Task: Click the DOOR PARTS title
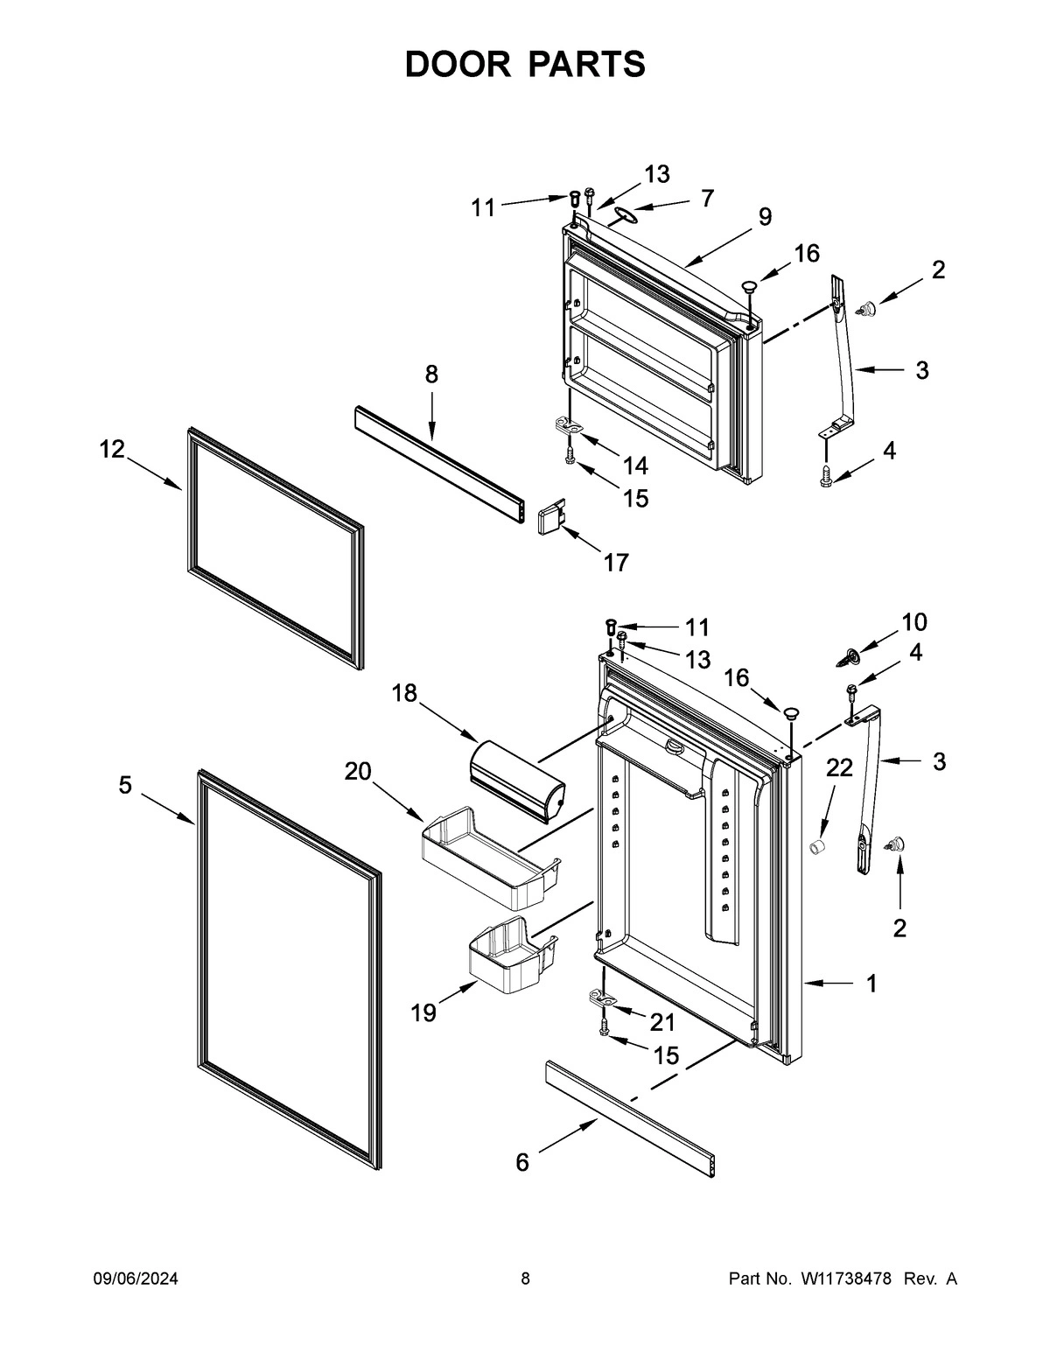point(525,65)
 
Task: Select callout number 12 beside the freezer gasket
point(112,449)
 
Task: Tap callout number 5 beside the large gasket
point(125,785)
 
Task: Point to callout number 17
point(616,562)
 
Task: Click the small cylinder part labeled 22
point(818,846)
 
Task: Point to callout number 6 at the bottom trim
point(522,1162)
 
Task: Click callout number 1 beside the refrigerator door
point(871,984)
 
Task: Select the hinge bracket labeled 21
point(603,998)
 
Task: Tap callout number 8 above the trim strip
point(431,374)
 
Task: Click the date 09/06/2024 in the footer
point(136,1278)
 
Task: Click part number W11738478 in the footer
point(845,1278)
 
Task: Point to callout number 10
point(914,621)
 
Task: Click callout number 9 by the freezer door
point(765,216)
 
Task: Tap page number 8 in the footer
point(525,1278)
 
